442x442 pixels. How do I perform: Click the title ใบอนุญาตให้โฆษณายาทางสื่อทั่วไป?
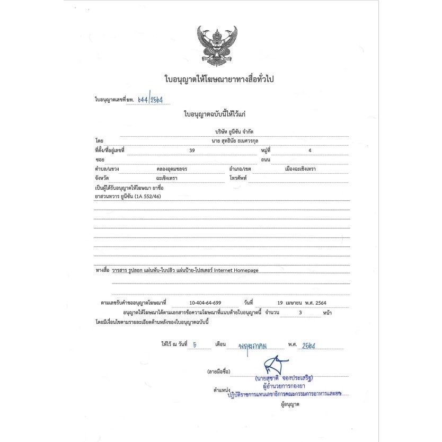pyautogui.click(x=221, y=79)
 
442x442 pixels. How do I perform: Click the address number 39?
pyautogui.click(x=192, y=151)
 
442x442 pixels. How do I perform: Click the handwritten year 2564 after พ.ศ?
pyautogui.click(x=308, y=345)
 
